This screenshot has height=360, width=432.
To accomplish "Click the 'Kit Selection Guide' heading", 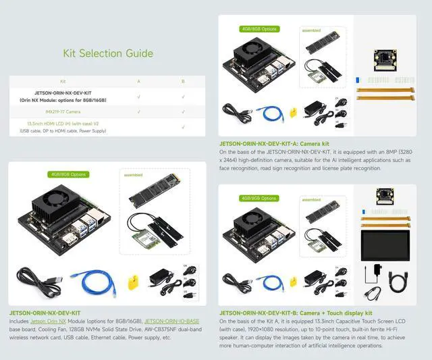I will [x=108, y=53].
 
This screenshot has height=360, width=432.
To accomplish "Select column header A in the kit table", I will [x=139, y=81].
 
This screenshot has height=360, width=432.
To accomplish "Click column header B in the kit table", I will [x=183, y=81].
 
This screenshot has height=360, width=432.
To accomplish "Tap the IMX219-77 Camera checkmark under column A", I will [x=139, y=110].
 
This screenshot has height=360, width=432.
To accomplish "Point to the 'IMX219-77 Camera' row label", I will [x=63, y=110].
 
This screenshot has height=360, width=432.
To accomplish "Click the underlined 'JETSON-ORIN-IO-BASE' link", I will [x=171, y=321].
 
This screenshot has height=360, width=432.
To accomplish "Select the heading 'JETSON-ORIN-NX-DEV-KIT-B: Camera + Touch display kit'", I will [x=296, y=313].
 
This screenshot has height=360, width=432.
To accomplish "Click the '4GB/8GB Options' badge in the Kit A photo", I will [x=259, y=29].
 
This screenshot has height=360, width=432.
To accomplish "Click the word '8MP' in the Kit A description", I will [x=396, y=152].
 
